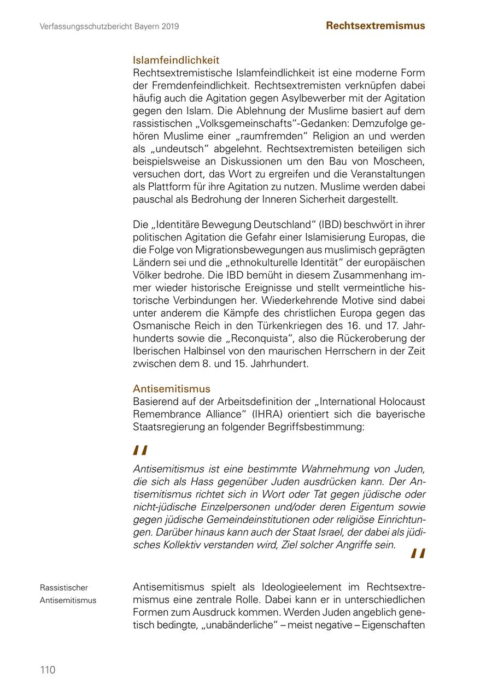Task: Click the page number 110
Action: coord(48,670)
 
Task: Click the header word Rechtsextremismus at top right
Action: coord(375,26)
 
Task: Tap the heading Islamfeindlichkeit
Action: coord(176,60)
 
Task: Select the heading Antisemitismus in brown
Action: coord(172,389)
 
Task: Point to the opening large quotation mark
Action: coord(140,451)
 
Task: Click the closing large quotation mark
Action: coord(418,554)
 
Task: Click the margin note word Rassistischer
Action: coord(64,588)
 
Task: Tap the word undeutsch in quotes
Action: coord(181,149)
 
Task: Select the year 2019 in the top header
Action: coord(169,26)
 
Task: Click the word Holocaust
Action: coord(399,401)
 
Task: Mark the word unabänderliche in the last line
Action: coord(242,625)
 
